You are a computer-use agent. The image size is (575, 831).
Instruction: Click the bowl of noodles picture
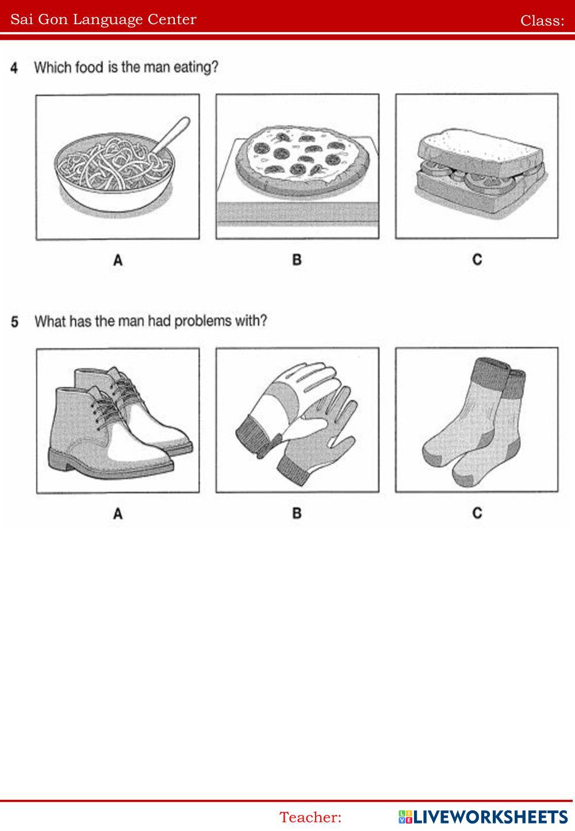tap(114, 171)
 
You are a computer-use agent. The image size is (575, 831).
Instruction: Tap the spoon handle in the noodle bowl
tap(172, 134)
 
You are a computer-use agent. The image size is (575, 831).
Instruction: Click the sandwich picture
tap(481, 173)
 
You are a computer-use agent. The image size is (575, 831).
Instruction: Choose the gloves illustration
tap(297, 422)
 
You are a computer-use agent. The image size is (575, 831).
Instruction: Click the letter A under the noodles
tap(118, 260)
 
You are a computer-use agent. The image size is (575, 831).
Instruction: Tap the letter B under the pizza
tap(297, 260)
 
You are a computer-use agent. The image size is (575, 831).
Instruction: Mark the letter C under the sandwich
tap(477, 260)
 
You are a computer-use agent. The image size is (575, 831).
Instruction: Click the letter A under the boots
tap(118, 514)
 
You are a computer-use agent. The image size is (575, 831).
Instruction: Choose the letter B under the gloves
tap(297, 513)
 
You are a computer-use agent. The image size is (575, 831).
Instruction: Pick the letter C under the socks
tap(477, 513)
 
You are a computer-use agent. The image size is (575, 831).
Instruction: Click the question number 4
tap(14, 68)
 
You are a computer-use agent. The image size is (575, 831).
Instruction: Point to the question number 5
tap(14, 322)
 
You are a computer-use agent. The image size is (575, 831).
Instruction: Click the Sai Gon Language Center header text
tap(103, 20)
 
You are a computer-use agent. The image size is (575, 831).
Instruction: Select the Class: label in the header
tap(542, 21)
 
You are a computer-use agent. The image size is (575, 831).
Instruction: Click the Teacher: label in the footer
tap(310, 817)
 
